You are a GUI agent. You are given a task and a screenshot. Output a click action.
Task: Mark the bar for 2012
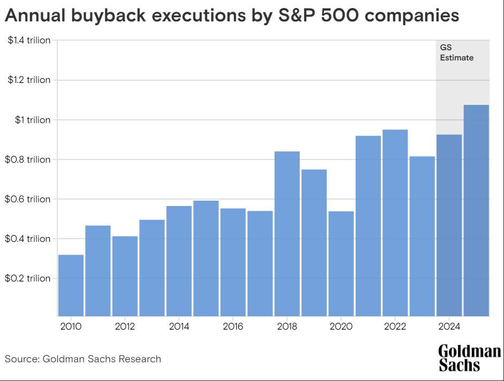tap(125, 276)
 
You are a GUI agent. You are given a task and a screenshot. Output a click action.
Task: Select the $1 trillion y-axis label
tap(33, 120)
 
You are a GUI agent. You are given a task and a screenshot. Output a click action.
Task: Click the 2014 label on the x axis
tap(178, 326)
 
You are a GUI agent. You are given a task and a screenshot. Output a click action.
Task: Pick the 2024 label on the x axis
tap(449, 326)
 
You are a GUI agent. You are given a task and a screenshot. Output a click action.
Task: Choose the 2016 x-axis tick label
tap(233, 326)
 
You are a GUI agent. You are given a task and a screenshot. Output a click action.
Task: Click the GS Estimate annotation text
tap(456, 52)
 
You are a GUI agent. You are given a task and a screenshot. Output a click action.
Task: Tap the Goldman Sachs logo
tap(469, 358)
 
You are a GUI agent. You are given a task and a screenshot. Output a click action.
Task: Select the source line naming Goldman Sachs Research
tap(83, 359)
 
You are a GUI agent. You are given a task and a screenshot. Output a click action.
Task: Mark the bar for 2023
tap(422, 236)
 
